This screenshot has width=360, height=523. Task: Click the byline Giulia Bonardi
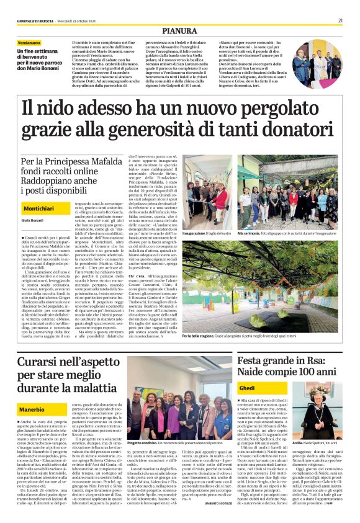pyautogui.click(x=32, y=220)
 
